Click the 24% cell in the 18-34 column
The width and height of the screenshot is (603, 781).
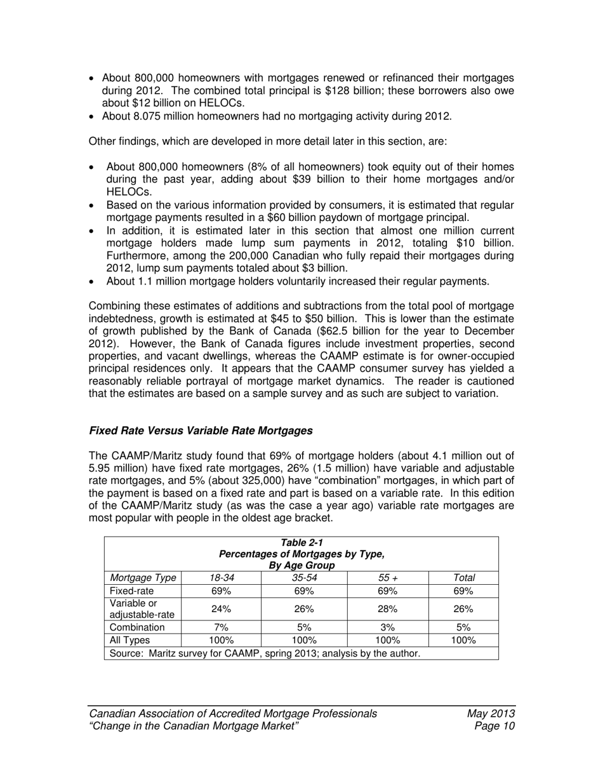(221, 609)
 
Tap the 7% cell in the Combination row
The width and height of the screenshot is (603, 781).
(221, 627)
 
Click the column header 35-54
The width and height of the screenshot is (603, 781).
(304, 578)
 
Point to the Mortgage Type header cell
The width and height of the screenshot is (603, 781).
(143, 578)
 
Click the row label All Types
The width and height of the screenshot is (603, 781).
(126, 640)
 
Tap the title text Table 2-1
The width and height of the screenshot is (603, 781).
(301, 542)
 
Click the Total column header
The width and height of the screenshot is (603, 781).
(463, 578)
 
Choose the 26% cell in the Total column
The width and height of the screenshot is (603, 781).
(463, 609)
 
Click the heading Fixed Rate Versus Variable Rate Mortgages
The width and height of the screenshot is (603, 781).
(201, 431)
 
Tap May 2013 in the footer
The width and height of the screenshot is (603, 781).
(491, 714)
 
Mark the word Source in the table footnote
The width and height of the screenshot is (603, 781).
(126, 653)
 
